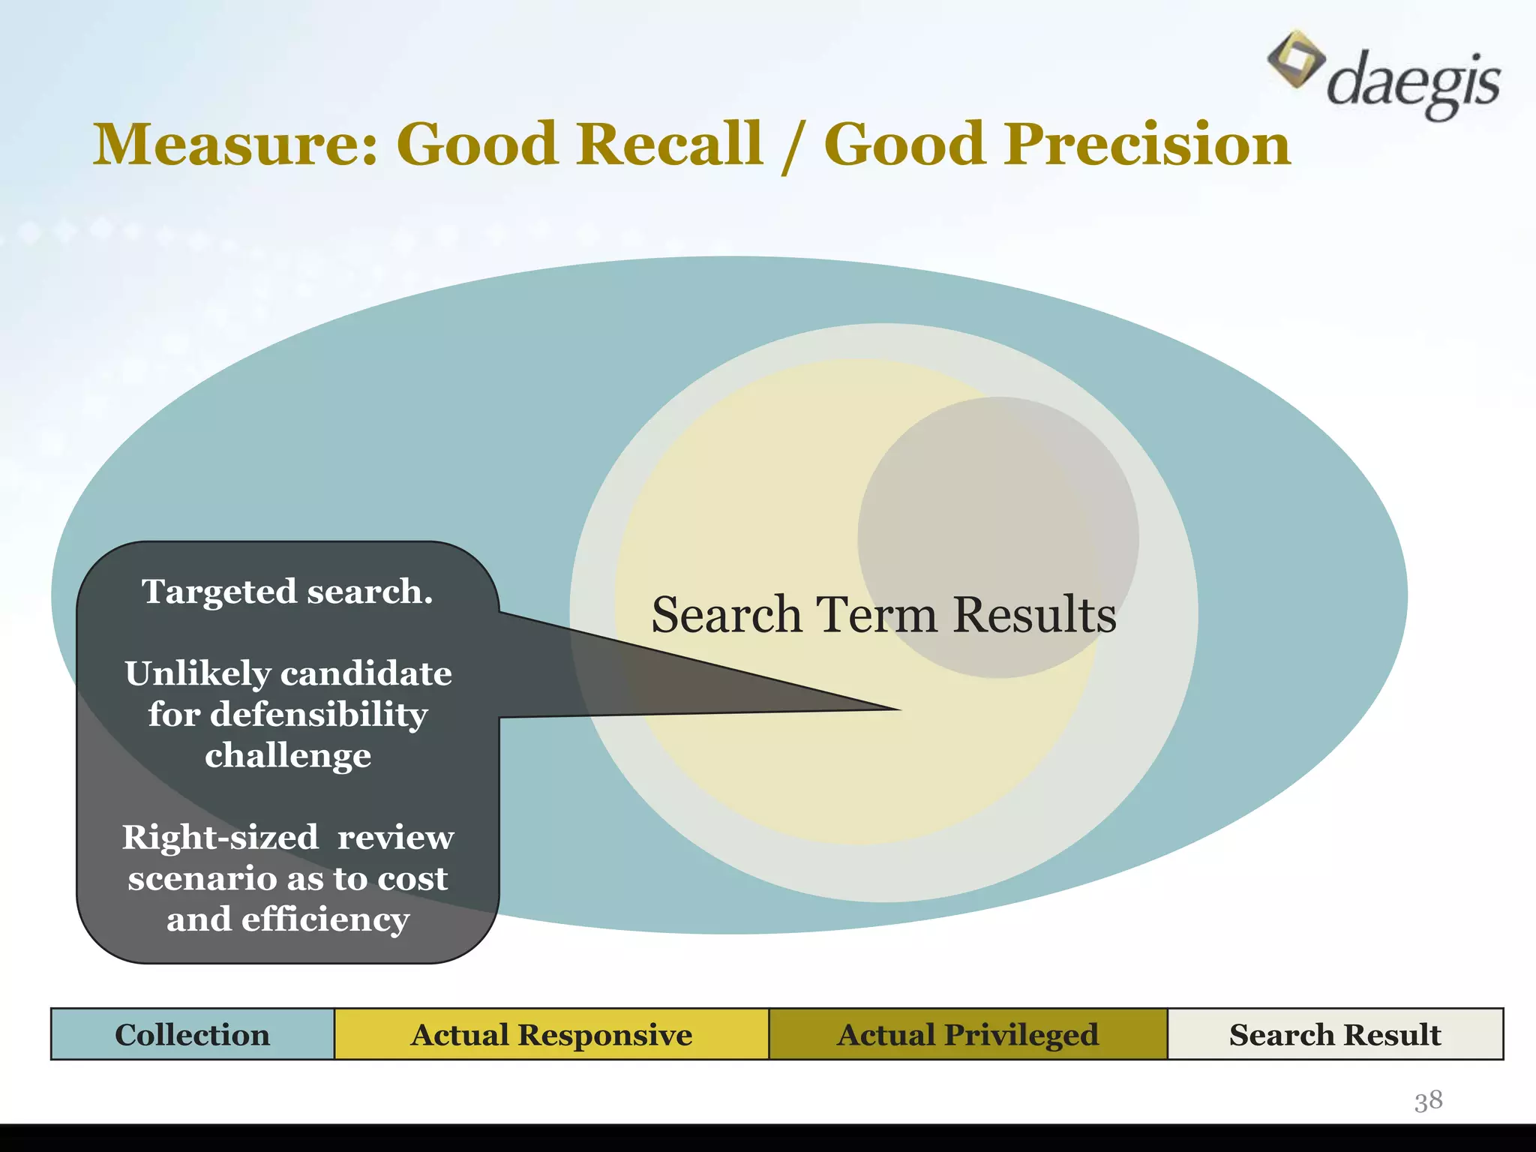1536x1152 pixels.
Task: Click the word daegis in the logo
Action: [1413, 82]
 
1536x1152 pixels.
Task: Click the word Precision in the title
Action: [1147, 144]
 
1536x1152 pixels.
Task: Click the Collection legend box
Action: [193, 1034]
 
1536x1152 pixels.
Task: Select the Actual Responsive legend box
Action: [551, 1034]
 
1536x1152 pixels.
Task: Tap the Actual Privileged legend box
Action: [967, 1034]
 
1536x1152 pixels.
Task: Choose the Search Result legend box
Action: [1335, 1034]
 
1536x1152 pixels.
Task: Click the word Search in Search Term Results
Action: [726, 615]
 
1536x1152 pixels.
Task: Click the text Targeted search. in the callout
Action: [287, 592]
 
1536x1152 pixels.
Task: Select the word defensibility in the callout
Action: [319, 714]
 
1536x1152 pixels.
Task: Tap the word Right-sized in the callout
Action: [220, 838]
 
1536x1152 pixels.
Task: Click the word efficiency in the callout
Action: [325, 919]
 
